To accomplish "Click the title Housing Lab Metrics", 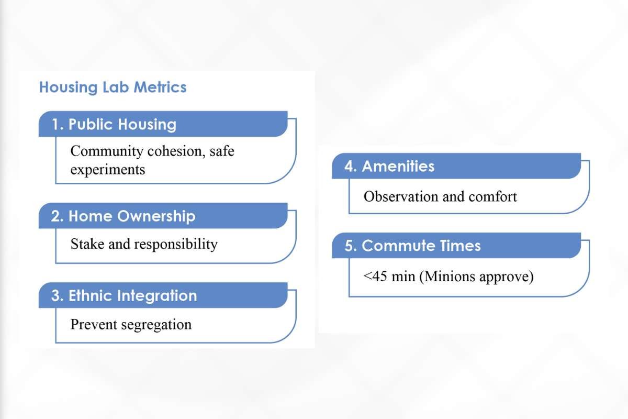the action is pyautogui.click(x=113, y=87).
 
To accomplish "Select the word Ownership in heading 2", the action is pyautogui.click(x=156, y=216).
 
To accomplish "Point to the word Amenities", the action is pyautogui.click(x=398, y=166).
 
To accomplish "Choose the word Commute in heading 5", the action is pyautogui.click(x=398, y=246).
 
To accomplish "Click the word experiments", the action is pyautogui.click(x=108, y=170).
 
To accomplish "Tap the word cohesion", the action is pyautogui.click(x=174, y=151).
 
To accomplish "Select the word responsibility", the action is pyautogui.click(x=176, y=244).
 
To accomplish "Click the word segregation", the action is pyautogui.click(x=156, y=325).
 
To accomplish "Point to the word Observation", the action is pyautogui.click(x=400, y=196).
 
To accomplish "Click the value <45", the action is pyautogui.click(x=375, y=276).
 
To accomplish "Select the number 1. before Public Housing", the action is pyautogui.click(x=58, y=124).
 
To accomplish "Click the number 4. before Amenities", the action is pyautogui.click(x=351, y=166).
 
